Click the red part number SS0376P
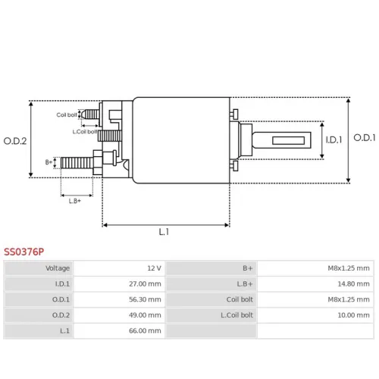[x=23, y=252]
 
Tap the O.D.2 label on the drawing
[x=15, y=141]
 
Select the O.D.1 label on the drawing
[x=365, y=138]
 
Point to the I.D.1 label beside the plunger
[x=334, y=139]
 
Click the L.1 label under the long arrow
[x=164, y=232]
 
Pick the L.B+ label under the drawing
[x=75, y=201]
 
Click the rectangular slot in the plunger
[x=288, y=140]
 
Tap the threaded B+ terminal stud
[x=77, y=163]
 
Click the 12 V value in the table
[x=154, y=268]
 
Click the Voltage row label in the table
[x=58, y=268]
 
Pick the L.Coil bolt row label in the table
[x=236, y=315]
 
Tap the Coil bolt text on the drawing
[x=67, y=115]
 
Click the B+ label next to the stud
[x=49, y=162]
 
